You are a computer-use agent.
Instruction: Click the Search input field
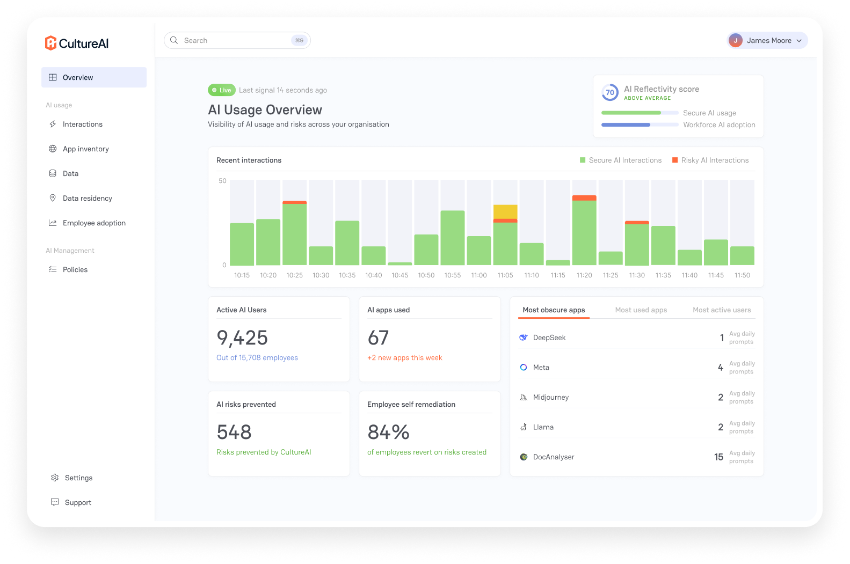click(x=237, y=40)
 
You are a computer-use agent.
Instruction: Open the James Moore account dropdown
click(x=767, y=40)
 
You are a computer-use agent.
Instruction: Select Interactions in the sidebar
click(x=82, y=124)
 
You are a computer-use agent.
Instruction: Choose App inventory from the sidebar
click(x=86, y=149)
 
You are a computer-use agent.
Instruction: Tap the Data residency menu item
click(x=88, y=198)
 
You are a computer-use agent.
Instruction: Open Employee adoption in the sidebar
click(x=94, y=223)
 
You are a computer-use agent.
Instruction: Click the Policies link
click(x=75, y=269)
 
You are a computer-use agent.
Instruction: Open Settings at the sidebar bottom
click(x=78, y=478)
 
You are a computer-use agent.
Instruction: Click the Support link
click(x=78, y=502)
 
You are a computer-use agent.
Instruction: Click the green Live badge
click(x=222, y=90)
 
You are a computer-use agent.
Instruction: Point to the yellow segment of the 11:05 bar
click(x=505, y=211)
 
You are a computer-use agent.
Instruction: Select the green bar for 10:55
click(x=452, y=238)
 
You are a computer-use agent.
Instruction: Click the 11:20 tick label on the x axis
click(x=584, y=275)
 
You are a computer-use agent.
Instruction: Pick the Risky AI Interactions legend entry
click(x=710, y=160)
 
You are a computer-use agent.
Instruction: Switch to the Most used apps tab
click(x=641, y=310)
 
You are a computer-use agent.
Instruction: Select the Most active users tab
click(x=722, y=310)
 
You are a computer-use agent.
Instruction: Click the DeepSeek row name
click(x=549, y=338)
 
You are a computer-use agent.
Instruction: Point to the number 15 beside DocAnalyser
click(x=718, y=457)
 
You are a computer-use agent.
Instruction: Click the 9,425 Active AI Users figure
click(x=242, y=338)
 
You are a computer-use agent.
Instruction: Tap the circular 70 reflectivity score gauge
click(x=610, y=92)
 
